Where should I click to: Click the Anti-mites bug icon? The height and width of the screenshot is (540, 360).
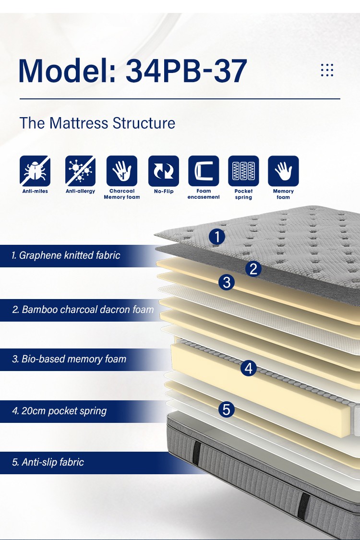coord(35,171)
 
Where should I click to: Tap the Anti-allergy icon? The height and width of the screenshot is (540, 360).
coord(80,171)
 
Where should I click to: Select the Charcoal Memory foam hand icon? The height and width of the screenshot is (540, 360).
coord(121,171)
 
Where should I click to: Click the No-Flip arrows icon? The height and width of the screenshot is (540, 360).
coord(164,171)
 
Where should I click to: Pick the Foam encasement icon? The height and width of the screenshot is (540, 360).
coord(204,171)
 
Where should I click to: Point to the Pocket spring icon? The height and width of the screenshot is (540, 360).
coord(243,171)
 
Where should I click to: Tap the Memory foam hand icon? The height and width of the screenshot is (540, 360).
coord(283,171)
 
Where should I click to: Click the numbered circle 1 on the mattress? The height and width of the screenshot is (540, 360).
coord(217,237)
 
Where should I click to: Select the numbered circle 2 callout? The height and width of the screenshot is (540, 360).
coord(253,269)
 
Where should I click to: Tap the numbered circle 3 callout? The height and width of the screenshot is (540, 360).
coord(227,282)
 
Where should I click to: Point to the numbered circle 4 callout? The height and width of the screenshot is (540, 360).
coord(249,368)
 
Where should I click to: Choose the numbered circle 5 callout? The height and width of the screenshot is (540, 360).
coord(227,409)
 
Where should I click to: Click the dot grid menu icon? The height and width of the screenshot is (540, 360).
coord(327,70)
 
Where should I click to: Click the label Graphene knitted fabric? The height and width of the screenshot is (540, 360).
coord(66,255)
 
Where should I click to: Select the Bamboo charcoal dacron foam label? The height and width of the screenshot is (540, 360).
coord(83,310)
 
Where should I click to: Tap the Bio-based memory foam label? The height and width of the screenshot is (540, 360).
coord(69,359)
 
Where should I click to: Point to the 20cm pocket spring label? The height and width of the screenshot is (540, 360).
coord(60,411)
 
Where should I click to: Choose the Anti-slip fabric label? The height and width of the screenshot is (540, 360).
coord(48,462)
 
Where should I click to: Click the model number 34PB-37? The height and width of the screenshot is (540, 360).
coord(186,71)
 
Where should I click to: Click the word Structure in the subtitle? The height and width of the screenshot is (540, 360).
coord(144,123)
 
